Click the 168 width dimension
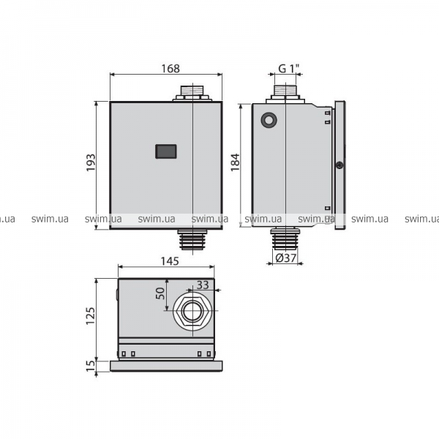pyautogui.click(x=170, y=69)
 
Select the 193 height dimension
pyautogui.click(x=91, y=162)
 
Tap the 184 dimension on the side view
pyautogui.click(x=235, y=162)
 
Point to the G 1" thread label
pyautogui.click(x=289, y=68)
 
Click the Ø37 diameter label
pyautogui.click(x=285, y=258)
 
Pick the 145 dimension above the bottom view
pyautogui.click(x=170, y=261)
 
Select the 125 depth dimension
pyautogui.click(x=91, y=316)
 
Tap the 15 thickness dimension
pyautogui.click(x=91, y=366)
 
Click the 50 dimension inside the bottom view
pyautogui.click(x=161, y=293)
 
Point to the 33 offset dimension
pyautogui.click(x=203, y=285)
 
